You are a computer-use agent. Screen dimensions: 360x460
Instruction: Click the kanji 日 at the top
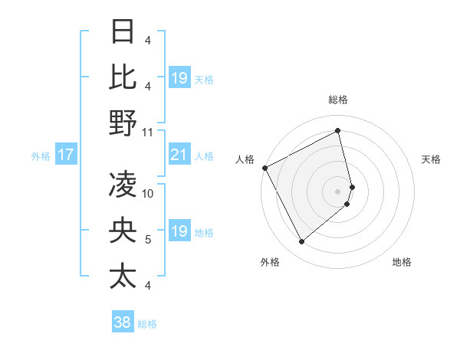pyautogui.click(x=123, y=32)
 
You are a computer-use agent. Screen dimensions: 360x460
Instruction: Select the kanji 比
pyautogui.click(x=123, y=77)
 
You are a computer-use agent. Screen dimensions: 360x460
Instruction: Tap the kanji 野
pyautogui.click(x=123, y=123)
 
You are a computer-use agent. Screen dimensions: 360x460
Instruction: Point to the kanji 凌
pyautogui.click(x=123, y=184)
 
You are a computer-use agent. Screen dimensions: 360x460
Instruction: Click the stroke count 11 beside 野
pyautogui.click(x=148, y=132)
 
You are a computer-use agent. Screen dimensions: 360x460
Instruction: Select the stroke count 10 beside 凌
pyautogui.click(x=148, y=193)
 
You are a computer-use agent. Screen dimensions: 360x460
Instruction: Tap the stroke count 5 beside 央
pyautogui.click(x=148, y=240)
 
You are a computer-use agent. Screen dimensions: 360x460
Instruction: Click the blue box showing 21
pyautogui.click(x=179, y=155)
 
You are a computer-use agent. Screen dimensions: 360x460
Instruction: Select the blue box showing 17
pyautogui.click(x=66, y=155)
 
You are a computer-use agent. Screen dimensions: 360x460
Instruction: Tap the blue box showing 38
pyautogui.click(x=123, y=322)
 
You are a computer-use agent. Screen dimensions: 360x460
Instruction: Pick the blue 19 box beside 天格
pyautogui.click(x=179, y=77)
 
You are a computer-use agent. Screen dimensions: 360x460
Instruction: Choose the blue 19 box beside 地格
pyautogui.click(x=179, y=231)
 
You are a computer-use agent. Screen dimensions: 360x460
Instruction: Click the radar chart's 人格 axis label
pyautogui.click(x=245, y=159)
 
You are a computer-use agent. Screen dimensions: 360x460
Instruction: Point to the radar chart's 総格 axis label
pyautogui.click(x=338, y=100)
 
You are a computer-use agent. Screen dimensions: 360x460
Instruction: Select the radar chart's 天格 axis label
pyautogui.click(x=431, y=159)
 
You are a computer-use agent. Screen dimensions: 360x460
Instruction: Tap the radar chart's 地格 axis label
pyautogui.click(x=402, y=262)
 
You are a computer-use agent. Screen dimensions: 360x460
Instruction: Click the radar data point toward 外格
pyautogui.click(x=301, y=242)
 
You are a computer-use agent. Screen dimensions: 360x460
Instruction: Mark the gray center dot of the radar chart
pyautogui.click(x=338, y=191)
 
